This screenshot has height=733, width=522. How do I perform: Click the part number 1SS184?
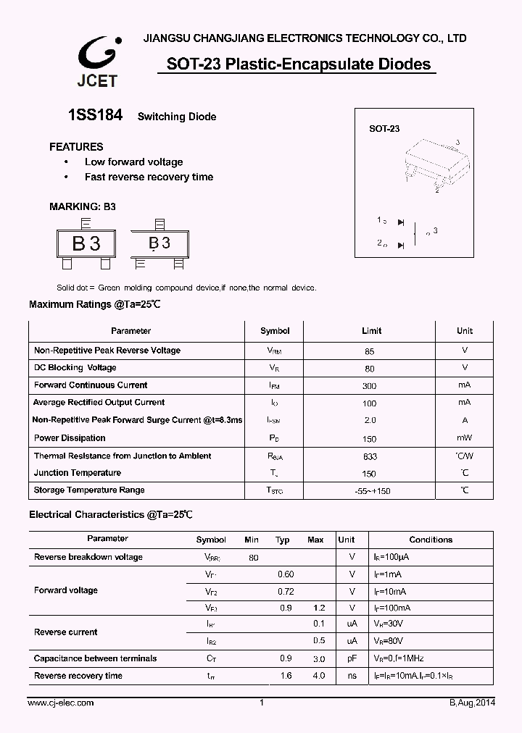[x=95, y=115]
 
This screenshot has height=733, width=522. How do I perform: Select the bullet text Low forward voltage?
[x=133, y=162]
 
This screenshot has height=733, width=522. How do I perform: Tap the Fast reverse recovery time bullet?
[x=149, y=177]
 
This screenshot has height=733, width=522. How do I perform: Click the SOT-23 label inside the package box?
[x=384, y=129]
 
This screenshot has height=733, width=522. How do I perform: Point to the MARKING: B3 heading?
[x=83, y=206]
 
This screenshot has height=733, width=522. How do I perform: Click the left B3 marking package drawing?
[x=86, y=243]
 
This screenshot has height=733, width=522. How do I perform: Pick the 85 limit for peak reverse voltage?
[x=370, y=351]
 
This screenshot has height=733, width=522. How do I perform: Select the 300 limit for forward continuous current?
[x=370, y=386]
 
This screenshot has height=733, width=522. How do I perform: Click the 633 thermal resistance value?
[x=370, y=457]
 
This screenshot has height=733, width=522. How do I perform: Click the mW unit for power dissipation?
[x=464, y=438]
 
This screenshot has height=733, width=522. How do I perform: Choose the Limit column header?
[x=371, y=331]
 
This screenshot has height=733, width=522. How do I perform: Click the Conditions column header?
[x=431, y=540]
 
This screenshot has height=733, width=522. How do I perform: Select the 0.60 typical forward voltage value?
[x=286, y=574]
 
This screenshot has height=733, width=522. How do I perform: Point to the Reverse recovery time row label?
[x=78, y=676]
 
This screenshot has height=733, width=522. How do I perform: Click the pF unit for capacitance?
[x=352, y=659]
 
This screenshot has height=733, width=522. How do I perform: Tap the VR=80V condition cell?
[x=389, y=641]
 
